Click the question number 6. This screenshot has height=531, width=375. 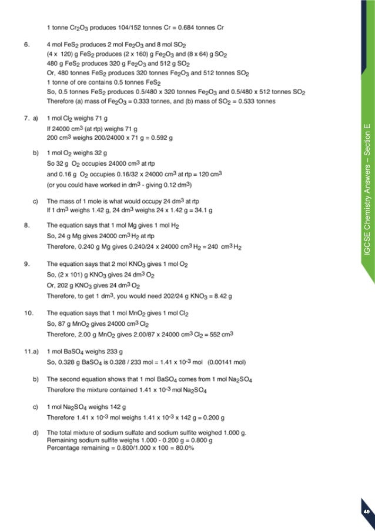(26, 44)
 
